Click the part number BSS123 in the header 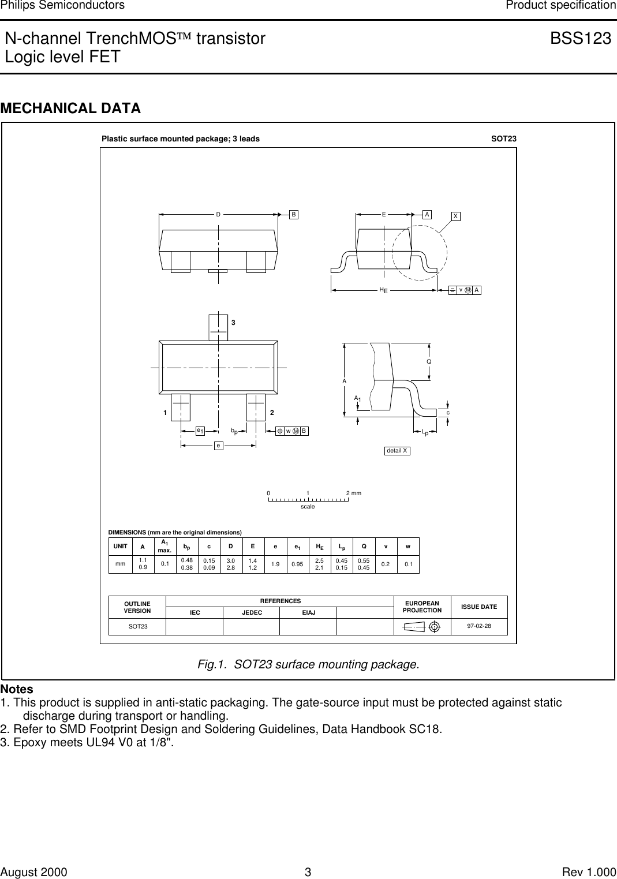click(x=580, y=39)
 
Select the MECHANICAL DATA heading click(x=70, y=109)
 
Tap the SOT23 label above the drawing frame click(x=503, y=139)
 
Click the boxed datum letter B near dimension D click(x=294, y=215)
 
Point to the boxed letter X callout click(x=455, y=216)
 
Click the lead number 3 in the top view click(x=233, y=323)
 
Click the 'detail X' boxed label click(x=397, y=451)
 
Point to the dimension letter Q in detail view click(x=429, y=362)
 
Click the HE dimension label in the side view click(x=383, y=290)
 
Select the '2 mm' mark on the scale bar click(x=353, y=493)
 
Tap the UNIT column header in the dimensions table click(x=121, y=546)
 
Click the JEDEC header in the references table click(x=252, y=613)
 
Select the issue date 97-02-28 click(x=479, y=626)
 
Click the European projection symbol click(x=422, y=627)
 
